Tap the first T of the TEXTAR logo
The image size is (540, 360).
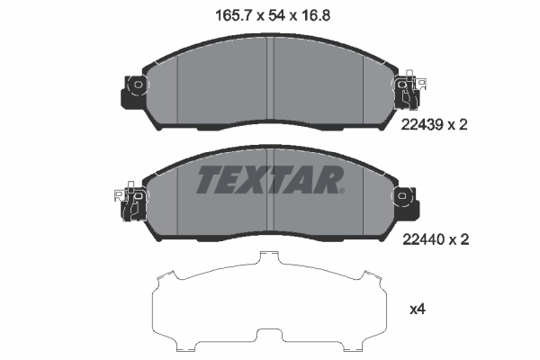[x=209, y=181]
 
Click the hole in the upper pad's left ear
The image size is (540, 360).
[x=138, y=86]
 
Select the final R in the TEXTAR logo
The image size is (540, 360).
[x=325, y=181]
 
